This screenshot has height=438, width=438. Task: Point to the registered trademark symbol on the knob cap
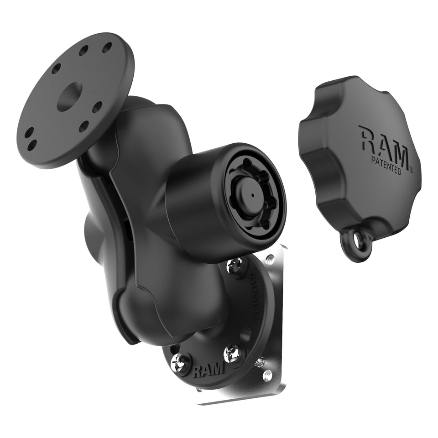411,171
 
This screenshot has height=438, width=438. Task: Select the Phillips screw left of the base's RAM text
180,362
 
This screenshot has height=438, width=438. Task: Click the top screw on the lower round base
236,266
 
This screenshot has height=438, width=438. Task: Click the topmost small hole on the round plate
108,47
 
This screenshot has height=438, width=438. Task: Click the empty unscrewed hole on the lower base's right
247,333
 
